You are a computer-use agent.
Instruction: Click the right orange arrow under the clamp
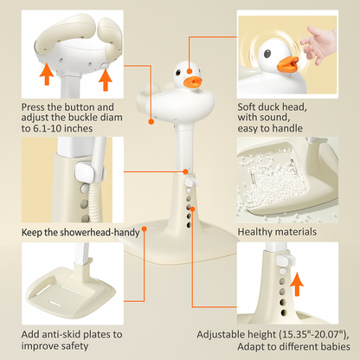pyautogui.click(x=106, y=80)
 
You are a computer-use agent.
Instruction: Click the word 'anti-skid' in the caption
pyautogui.click(x=70, y=334)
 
